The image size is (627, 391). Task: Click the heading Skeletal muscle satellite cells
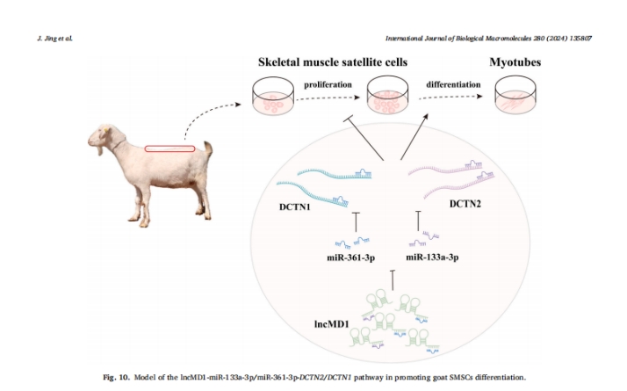pyautogui.click(x=333, y=64)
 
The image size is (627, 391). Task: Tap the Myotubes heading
pyautogui.click(x=515, y=64)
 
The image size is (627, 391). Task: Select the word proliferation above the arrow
pyautogui.click(x=328, y=84)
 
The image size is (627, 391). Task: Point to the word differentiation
pyautogui.click(x=453, y=84)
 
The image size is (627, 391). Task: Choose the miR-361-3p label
pyautogui.click(x=352, y=257)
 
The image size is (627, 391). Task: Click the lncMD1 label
pyautogui.click(x=333, y=324)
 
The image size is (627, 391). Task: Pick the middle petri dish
pyautogui.click(x=389, y=96)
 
